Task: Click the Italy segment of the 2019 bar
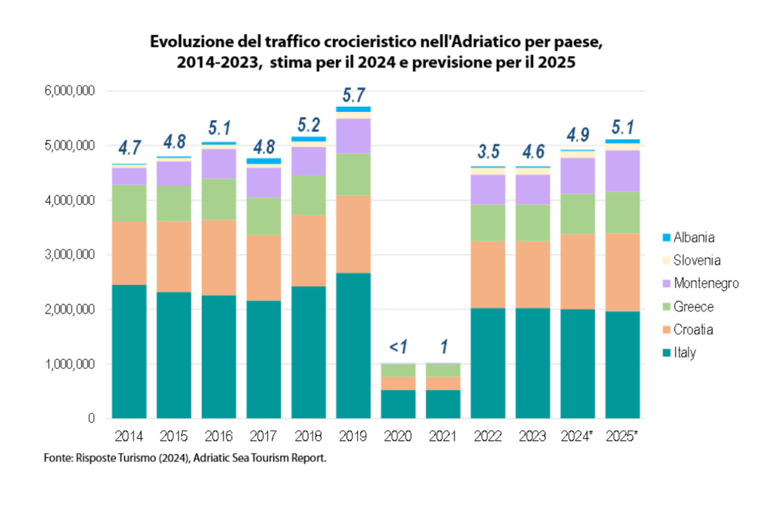click(x=353, y=346)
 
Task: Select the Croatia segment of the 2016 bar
click(x=219, y=257)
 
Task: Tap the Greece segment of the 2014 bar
click(x=129, y=203)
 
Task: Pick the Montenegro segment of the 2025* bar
click(x=623, y=170)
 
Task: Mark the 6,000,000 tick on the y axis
click(x=69, y=91)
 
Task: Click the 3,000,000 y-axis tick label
click(x=69, y=255)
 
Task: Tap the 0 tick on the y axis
click(x=91, y=418)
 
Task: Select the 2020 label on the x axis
click(x=398, y=437)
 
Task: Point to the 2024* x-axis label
click(x=577, y=437)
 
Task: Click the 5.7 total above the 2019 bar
click(x=353, y=95)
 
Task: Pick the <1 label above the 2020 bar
click(x=398, y=346)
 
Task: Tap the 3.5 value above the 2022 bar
click(x=488, y=151)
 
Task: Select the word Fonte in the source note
click(x=57, y=459)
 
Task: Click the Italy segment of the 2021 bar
click(x=443, y=404)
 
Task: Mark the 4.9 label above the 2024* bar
click(x=577, y=136)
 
